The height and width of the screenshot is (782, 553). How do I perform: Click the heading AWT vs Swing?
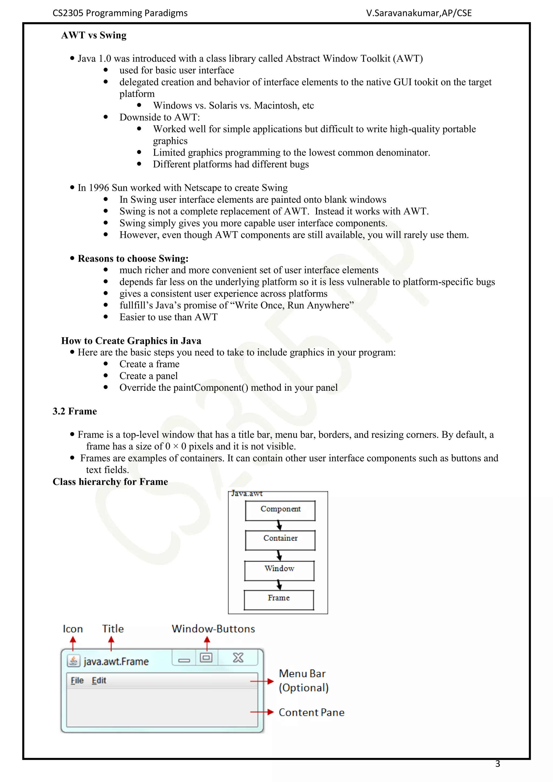(x=94, y=35)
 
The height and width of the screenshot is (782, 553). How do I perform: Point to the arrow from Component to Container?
(x=279, y=525)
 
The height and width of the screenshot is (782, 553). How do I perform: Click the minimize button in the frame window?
(x=184, y=660)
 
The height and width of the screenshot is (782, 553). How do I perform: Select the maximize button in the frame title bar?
(x=206, y=657)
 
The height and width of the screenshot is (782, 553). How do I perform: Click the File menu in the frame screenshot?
(x=77, y=680)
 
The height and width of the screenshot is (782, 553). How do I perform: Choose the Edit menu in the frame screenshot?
(x=99, y=680)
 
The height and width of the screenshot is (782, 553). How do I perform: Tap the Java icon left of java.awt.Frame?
(x=73, y=661)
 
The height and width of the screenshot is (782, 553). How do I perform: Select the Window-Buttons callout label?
(x=213, y=629)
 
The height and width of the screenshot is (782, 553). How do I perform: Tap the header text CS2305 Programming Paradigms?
(x=120, y=13)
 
